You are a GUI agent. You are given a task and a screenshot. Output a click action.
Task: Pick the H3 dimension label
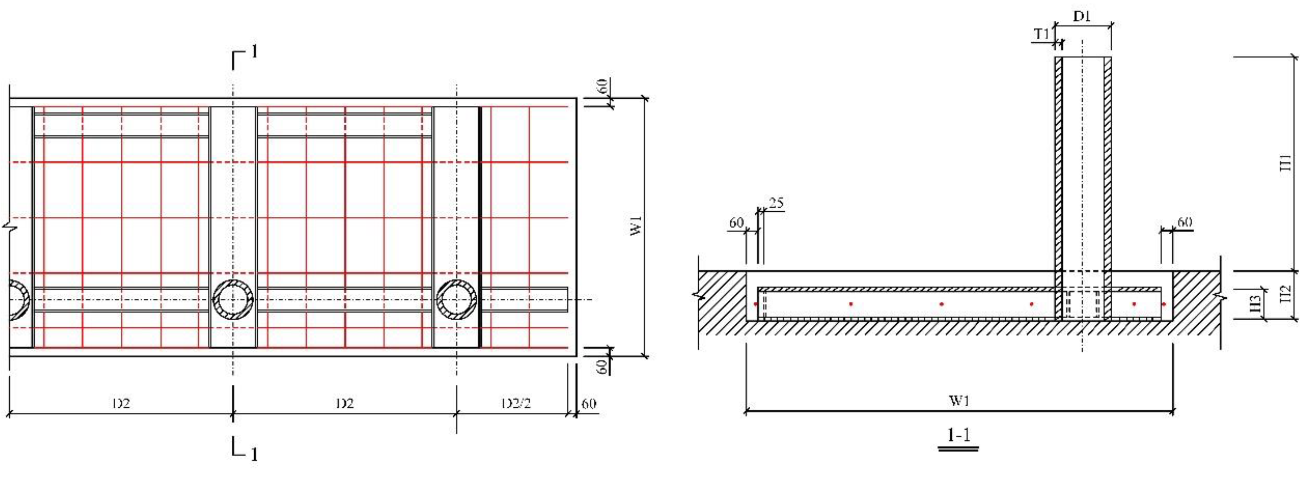[x=1255, y=304]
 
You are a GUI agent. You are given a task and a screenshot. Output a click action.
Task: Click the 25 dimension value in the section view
[x=776, y=203]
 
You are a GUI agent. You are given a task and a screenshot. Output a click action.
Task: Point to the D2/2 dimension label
[x=516, y=404]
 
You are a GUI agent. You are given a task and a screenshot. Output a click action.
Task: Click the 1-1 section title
[x=958, y=435]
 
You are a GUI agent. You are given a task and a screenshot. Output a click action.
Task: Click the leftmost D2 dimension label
[x=121, y=404]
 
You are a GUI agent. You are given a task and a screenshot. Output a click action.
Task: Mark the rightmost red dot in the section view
[x=1164, y=304]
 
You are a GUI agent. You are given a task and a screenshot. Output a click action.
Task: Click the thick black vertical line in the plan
[x=480, y=227]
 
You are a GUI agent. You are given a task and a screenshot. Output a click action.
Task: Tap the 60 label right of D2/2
[x=589, y=404]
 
